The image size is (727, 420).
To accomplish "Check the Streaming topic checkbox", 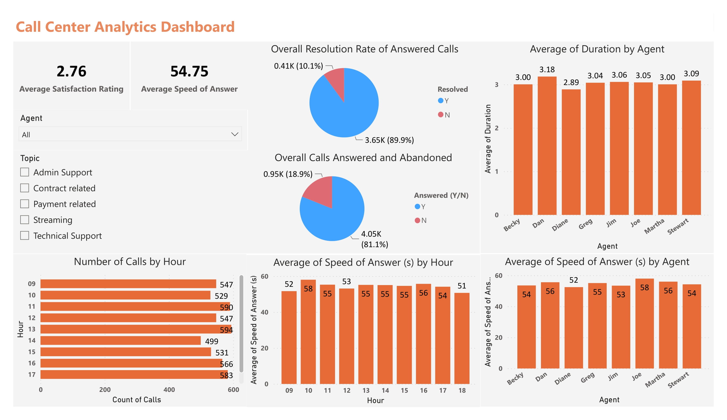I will coord(24,220).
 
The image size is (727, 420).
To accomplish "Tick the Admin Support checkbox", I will coord(24,172).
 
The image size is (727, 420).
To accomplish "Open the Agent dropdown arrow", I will coord(235,134).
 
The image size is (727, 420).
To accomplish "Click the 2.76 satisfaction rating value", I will coord(71,71).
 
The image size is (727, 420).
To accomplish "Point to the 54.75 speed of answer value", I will coord(189,71).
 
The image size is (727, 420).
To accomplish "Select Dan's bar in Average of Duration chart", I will coord(547,146).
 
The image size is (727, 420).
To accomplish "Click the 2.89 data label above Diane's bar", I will coord(571,82).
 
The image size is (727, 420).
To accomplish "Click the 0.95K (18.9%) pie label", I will coord(288,174).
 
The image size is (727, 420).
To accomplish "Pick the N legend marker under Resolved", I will coord(441,115).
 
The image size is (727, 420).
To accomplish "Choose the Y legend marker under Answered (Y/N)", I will coord(417,206).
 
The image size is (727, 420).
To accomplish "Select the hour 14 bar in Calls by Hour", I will coord(120,340).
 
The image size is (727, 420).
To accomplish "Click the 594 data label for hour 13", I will coord(226,330).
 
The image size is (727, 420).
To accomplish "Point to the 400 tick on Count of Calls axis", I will coord(169,390).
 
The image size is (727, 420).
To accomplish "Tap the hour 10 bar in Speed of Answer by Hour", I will coord(308,332).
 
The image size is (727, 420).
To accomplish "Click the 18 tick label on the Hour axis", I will coord(462,390).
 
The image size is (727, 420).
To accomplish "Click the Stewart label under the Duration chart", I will coord(678,226).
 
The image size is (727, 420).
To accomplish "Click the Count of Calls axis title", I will coord(136,400).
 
